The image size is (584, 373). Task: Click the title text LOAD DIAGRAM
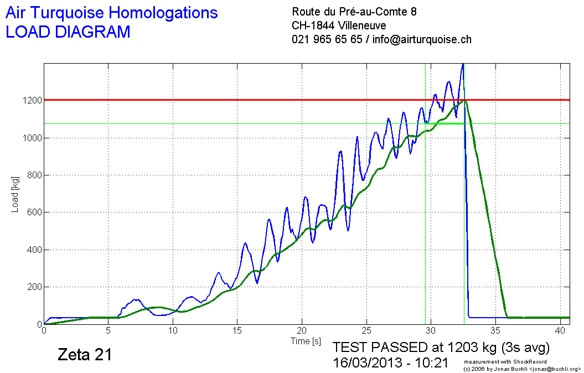68,32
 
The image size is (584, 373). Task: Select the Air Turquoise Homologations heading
111,13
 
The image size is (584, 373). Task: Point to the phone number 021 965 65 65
327,39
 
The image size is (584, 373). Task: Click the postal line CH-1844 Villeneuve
339,25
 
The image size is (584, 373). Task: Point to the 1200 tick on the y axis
32,100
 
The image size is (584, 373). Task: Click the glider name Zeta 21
85,355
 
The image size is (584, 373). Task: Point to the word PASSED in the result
402,348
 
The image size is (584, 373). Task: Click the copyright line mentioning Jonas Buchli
521,368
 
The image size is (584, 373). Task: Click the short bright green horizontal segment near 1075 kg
445,123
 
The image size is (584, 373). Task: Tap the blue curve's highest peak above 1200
463,65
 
